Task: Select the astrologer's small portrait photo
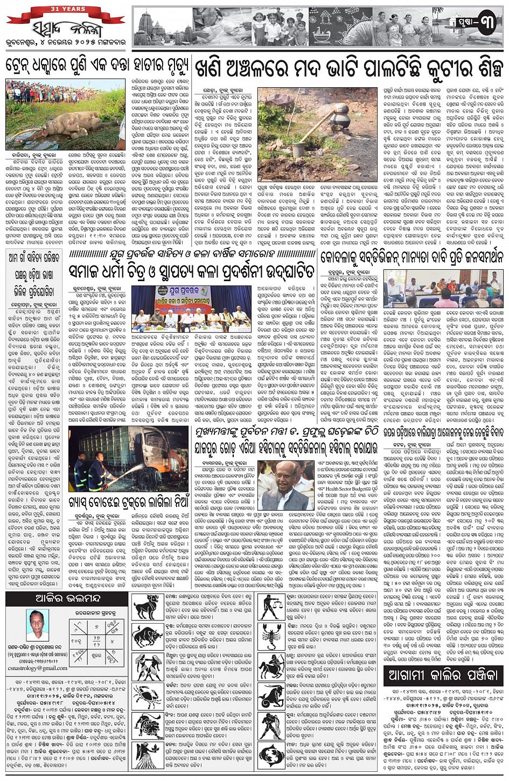coord(38,624)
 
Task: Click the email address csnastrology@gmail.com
coord(37,668)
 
